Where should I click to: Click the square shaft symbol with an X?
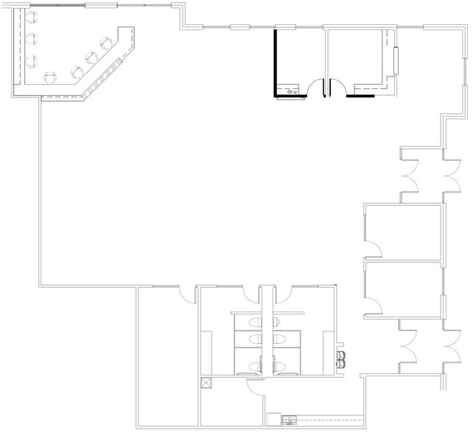tap(206, 382)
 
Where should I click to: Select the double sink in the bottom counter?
tap(290, 420)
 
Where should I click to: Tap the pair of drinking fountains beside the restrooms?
tap(341, 359)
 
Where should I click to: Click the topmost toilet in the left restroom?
tap(256, 322)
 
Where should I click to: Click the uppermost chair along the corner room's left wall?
tap(32, 16)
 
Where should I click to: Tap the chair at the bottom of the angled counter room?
tap(51, 76)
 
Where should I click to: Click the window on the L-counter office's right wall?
tap(396, 61)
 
